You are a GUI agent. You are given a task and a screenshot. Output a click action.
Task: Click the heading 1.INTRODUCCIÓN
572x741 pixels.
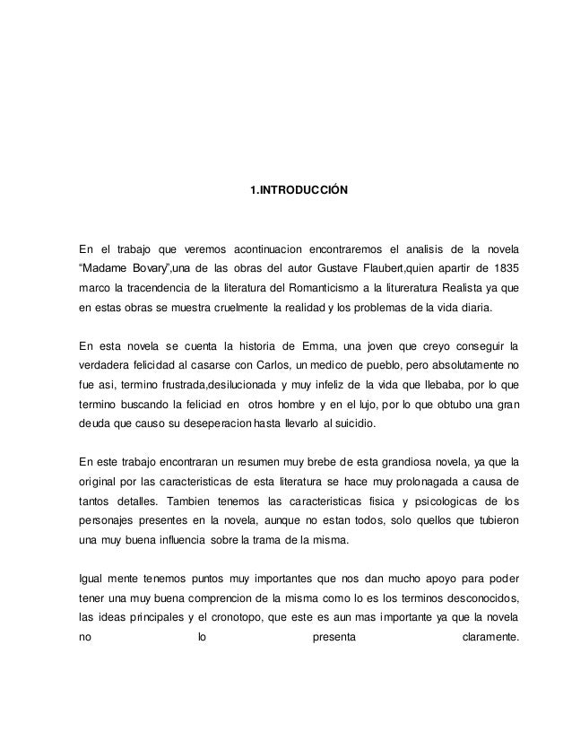tap(297, 190)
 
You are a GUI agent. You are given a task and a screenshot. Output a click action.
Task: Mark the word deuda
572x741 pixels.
tap(95, 429)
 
